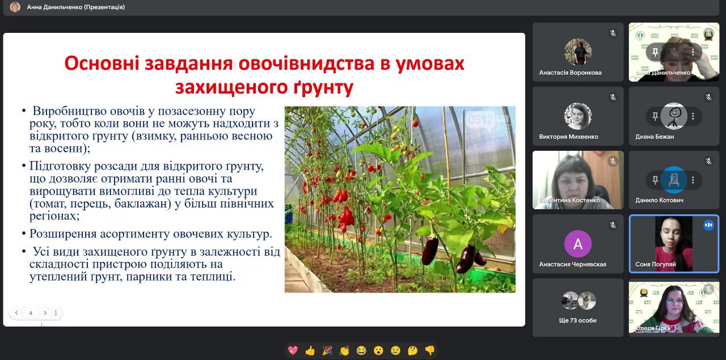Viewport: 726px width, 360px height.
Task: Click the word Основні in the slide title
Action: click(102, 63)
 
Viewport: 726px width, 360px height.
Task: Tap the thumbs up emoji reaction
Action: click(310, 350)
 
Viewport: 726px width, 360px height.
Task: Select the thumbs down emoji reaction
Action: click(430, 350)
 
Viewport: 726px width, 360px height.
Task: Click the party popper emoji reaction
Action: click(327, 350)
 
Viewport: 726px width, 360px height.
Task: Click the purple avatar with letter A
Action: click(578, 244)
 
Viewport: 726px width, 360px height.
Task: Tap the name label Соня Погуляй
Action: click(655, 264)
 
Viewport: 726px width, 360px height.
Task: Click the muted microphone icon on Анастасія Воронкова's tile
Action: click(613, 33)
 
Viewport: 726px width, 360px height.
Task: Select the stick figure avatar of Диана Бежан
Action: click(674, 116)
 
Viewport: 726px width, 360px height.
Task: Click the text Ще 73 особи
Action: click(577, 320)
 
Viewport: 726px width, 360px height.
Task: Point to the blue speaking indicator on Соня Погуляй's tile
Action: click(708, 225)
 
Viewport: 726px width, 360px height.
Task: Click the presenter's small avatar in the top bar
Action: click(15, 7)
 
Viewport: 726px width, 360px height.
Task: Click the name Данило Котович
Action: click(659, 200)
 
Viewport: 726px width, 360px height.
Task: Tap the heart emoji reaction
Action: click(293, 350)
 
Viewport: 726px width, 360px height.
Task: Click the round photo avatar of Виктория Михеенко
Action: click(578, 116)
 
